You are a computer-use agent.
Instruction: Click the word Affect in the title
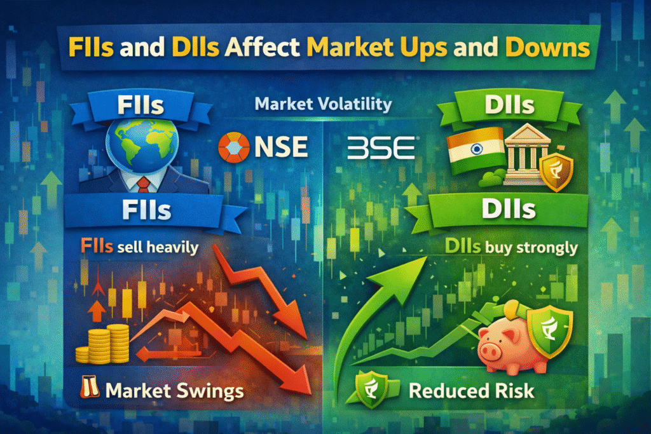tap(261, 47)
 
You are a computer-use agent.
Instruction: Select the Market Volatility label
tap(323, 104)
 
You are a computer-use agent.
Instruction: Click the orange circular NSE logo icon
tap(234, 147)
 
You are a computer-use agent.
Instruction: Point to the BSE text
tap(381, 147)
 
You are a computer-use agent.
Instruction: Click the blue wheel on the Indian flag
tap(477, 149)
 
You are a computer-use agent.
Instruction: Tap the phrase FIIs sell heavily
tap(139, 247)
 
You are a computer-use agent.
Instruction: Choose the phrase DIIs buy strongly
tap(511, 247)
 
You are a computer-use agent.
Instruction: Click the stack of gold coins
tap(103, 344)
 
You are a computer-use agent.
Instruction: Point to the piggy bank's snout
tap(488, 351)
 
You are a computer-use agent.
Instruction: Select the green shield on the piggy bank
tap(549, 330)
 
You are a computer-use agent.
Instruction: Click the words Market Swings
tap(174, 391)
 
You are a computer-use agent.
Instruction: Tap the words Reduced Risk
tap(472, 391)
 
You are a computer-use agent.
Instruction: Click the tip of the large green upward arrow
tap(427, 257)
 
